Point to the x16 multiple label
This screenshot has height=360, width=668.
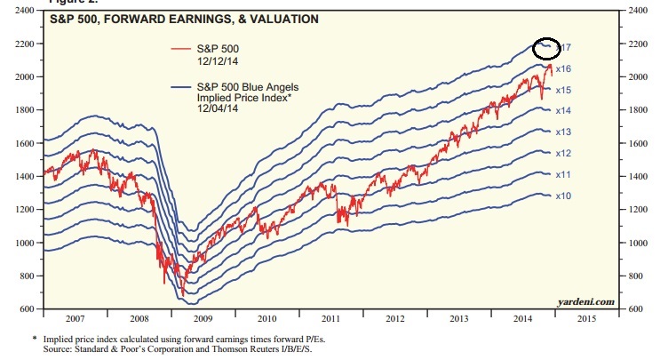(562, 68)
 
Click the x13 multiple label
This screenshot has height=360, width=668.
(562, 132)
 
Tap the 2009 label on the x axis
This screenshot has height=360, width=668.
(203, 317)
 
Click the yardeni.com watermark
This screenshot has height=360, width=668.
(587, 302)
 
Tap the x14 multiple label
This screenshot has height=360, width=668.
(562, 111)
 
